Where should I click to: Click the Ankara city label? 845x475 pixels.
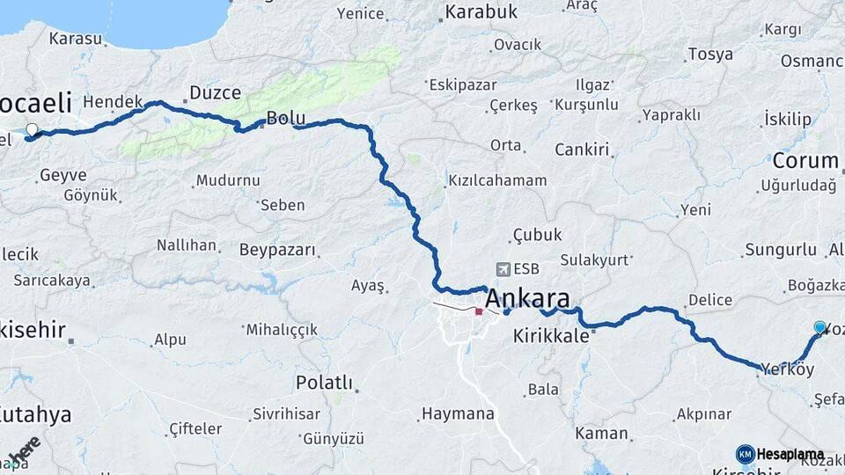click(527, 296)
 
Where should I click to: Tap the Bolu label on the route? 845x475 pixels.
click(285, 118)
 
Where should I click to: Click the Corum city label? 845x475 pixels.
click(805, 161)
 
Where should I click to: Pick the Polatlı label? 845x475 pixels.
click(324, 383)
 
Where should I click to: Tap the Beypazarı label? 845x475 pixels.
click(277, 250)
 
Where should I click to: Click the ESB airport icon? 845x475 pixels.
click(503, 269)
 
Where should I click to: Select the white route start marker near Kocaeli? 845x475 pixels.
click(33, 130)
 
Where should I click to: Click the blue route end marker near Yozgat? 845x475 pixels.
click(820, 328)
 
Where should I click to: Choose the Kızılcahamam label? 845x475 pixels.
click(497, 180)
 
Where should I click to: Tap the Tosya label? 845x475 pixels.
click(710, 54)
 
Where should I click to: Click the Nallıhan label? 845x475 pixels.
click(187, 245)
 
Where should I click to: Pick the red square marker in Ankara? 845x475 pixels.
click(479, 311)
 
